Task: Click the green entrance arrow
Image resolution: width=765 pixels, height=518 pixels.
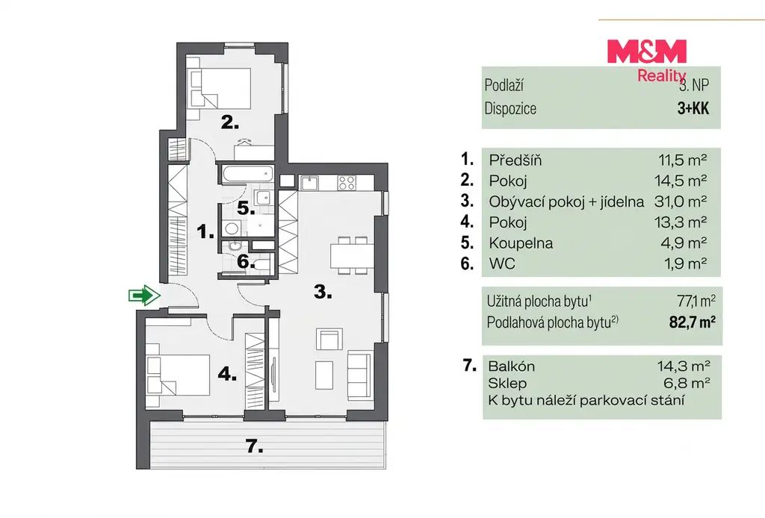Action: coord(144,296)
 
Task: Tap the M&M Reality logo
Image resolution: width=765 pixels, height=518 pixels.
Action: coord(647,60)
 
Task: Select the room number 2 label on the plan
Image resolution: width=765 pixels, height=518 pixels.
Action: coord(230,122)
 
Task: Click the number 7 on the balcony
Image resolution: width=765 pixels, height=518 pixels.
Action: coord(254,446)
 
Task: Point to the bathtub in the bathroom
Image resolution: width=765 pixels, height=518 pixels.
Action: coord(247,174)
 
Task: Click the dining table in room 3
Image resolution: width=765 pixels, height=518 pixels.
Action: coord(352,255)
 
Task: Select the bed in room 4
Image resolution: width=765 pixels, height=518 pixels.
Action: coord(178,374)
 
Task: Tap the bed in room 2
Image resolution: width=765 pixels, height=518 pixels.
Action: coord(220,88)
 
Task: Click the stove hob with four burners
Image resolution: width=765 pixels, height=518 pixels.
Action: coord(347,183)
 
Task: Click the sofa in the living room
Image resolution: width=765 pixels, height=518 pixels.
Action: coord(360,375)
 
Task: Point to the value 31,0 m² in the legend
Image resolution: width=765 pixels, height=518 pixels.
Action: coord(681,202)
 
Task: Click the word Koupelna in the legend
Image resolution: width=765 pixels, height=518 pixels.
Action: coord(521,243)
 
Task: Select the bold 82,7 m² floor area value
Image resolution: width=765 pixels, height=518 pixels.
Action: coord(693,322)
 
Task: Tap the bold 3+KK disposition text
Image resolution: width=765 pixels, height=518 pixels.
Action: coord(693,108)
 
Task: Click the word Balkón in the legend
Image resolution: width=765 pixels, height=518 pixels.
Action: coord(511,366)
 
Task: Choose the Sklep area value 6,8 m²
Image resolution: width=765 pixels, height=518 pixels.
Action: coord(687,383)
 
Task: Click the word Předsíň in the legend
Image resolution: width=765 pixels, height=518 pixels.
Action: coord(515,160)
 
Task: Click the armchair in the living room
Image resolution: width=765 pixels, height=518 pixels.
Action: coord(329,339)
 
